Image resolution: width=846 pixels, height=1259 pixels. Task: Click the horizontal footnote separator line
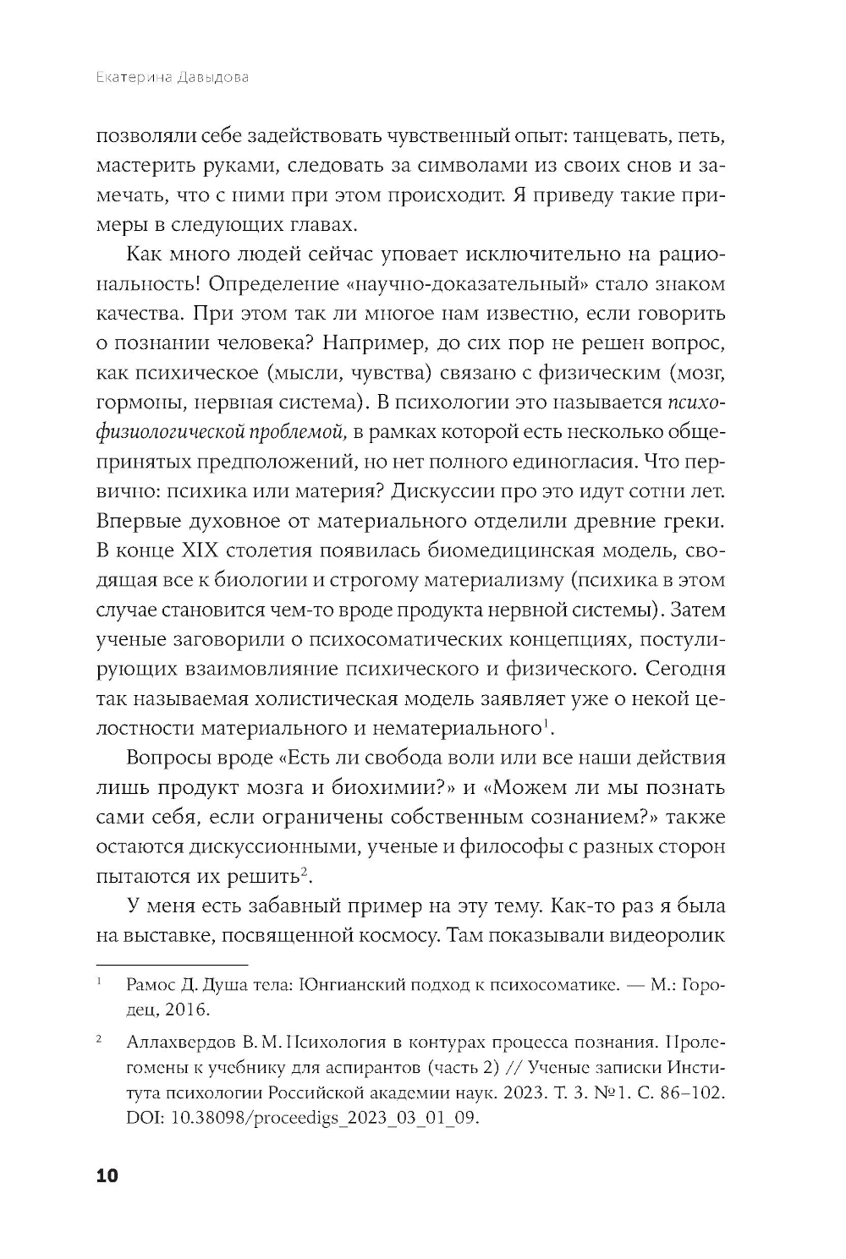[x=173, y=964]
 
